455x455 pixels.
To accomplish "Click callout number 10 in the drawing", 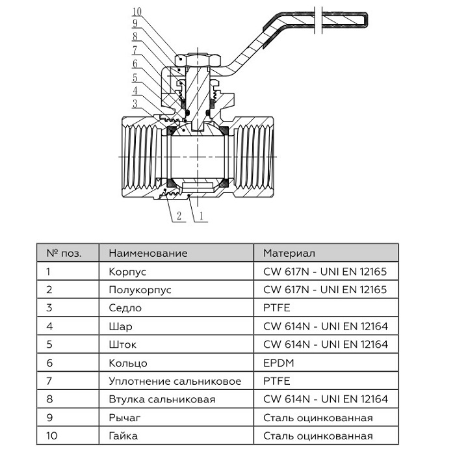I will (135, 12).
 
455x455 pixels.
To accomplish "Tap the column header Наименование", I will (148, 253).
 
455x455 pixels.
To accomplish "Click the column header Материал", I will (289, 253).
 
